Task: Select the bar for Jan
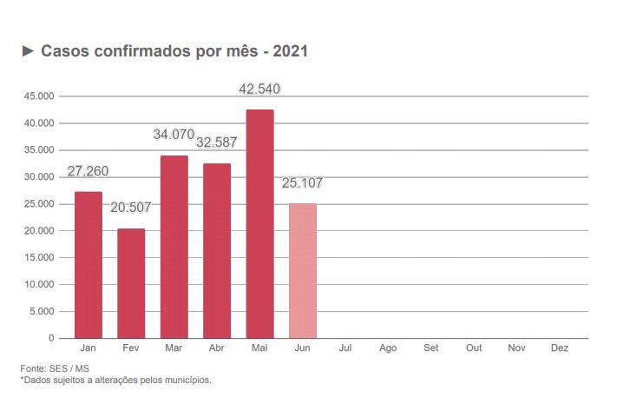[x=88, y=264]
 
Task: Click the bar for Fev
[x=131, y=283]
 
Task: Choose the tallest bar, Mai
[x=259, y=223]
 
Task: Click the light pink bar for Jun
[x=303, y=270]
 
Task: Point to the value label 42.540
[x=259, y=89]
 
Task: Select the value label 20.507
[x=131, y=208]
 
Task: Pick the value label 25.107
[x=303, y=183]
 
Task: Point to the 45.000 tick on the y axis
[x=39, y=96]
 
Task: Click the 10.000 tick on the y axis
[x=39, y=284]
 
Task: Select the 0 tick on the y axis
[x=51, y=338]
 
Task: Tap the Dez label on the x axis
[x=560, y=348]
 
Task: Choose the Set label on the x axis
[x=431, y=348]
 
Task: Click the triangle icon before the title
[x=27, y=52]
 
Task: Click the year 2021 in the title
[x=290, y=52]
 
